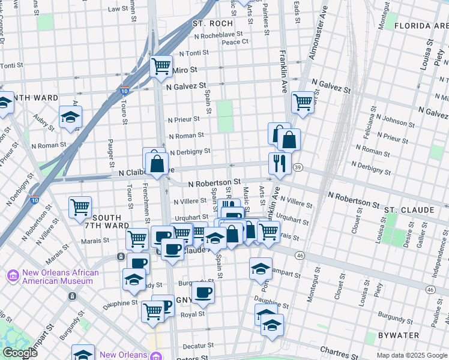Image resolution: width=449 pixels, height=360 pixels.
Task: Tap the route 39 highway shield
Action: tap(298, 167)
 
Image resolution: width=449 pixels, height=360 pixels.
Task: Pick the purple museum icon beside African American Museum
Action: tap(12, 277)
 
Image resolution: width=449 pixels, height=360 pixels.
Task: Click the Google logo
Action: tap(20, 353)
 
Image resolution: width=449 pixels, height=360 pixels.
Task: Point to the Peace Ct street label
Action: tap(235, 42)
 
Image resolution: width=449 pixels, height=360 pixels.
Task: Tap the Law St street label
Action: tap(118, 9)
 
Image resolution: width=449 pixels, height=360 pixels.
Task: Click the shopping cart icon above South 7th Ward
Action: tap(80, 207)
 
